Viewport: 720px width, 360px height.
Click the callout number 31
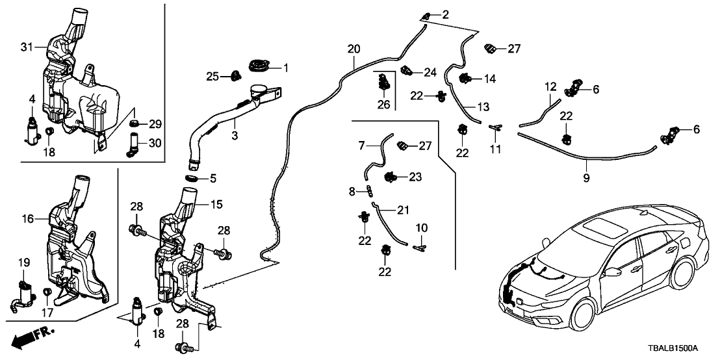(x=26, y=46)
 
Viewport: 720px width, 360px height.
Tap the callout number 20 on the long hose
(x=354, y=49)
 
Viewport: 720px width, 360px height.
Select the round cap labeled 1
(x=261, y=66)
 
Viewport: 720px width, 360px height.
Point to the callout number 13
(x=482, y=107)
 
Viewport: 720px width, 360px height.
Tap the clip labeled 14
(x=465, y=79)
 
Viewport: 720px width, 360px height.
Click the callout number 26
(x=385, y=105)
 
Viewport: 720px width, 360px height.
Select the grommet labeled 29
(x=135, y=123)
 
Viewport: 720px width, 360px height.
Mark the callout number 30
(x=155, y=142)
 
